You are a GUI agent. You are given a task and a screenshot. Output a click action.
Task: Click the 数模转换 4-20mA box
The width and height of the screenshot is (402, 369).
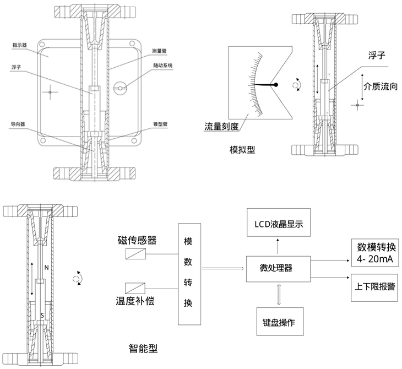point(372,253)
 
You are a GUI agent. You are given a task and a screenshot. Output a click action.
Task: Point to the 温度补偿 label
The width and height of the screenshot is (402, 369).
point(134,301)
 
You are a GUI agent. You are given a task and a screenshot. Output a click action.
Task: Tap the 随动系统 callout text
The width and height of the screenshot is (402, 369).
point(162,65)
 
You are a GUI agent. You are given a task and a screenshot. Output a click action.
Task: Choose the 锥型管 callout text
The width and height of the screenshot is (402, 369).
point(159,124)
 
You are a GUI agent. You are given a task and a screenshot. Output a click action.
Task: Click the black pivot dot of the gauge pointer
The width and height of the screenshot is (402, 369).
point(276,84)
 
